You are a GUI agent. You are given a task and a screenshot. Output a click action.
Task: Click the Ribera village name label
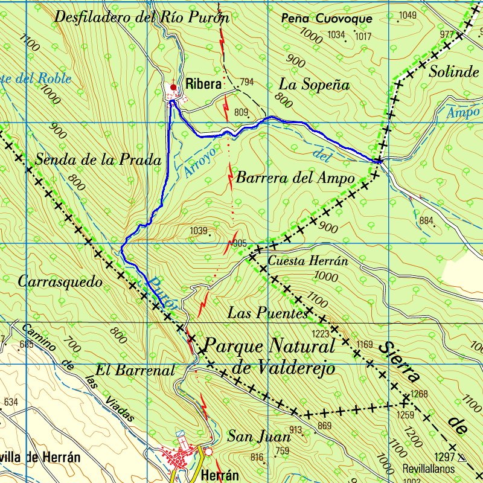[x=203, y=84]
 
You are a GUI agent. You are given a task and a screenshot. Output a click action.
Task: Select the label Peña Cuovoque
[x=326, y=19]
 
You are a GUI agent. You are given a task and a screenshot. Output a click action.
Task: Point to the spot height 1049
[x=408, y=15]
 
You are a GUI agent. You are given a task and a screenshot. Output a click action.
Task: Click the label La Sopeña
[x=314, y=85]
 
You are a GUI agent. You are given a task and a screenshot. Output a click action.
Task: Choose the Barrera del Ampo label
[x=295, y=178]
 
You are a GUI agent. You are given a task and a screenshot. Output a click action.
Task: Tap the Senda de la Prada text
[x=98, y=160]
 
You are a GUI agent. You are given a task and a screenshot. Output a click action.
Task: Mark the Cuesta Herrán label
[x=308, y=261]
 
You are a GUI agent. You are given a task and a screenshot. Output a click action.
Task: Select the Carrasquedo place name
[x=60, y=282]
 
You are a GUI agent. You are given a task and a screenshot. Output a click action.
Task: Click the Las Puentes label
[x=267, y=313]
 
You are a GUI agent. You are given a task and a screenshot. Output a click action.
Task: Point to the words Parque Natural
[x=269, y=347]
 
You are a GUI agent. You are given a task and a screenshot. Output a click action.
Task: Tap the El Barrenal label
[x=135, y=369]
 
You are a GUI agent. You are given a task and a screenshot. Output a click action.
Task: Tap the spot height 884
[x=426, y=221]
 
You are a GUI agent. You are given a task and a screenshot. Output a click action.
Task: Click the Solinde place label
[x=453, y=72]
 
